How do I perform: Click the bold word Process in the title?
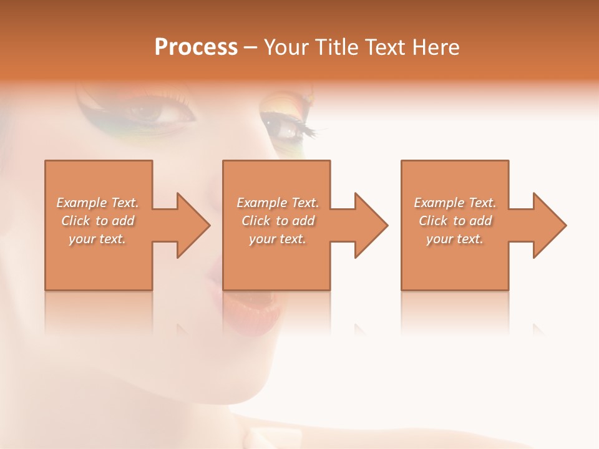(x=196, y=47)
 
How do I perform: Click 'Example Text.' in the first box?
(x=97, y=203)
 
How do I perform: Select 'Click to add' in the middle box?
(x=278, y=221)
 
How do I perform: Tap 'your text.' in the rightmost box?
(x=454, y=239)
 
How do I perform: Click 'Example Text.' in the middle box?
(x=278, y=203)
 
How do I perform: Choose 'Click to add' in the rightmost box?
(x=455, y=221)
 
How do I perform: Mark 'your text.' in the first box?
(x=97, y=239)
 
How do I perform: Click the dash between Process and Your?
(x=250, y=47)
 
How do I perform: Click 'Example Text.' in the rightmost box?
(x=455, y=203)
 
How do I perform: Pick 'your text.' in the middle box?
(x=278, y=239)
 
